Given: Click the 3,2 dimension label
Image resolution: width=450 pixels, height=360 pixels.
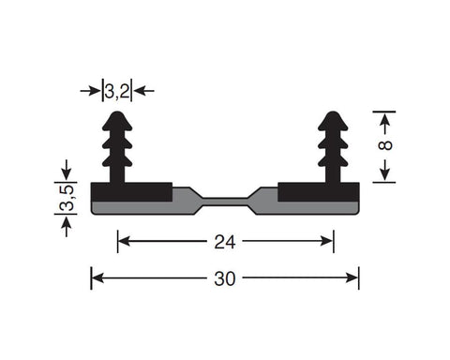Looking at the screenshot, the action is point(117,92).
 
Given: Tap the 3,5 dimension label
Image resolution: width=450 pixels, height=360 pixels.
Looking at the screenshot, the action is point(67,198).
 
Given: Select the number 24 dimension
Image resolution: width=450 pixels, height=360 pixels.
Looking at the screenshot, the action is point(225,242).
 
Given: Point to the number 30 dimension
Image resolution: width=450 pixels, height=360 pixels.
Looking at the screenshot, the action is point(225,278).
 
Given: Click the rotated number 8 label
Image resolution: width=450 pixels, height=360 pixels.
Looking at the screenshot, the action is point(385,145).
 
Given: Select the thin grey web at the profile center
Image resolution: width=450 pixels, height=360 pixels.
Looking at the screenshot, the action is point(225,202).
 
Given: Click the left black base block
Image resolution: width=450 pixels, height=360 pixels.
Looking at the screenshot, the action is point(131,192).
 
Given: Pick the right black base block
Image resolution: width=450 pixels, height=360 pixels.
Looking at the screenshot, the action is point(319,192).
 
